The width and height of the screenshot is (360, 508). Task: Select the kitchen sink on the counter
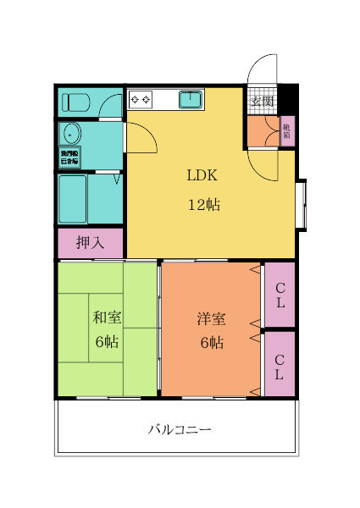(191, 101)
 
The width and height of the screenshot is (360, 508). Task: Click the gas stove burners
(141, 100)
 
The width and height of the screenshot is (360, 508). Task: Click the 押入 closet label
(90, 243)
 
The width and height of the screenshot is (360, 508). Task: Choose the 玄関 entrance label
(262, 102)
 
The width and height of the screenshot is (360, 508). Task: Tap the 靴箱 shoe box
(286, 130)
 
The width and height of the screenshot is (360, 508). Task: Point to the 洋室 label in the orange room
(211, 319)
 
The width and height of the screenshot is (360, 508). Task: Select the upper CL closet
(280, 295)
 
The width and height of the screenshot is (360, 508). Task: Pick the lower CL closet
(280, 363)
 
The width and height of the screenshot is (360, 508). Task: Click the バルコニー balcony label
(180, 429)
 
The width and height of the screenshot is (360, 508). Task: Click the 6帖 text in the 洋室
(211, 343)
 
